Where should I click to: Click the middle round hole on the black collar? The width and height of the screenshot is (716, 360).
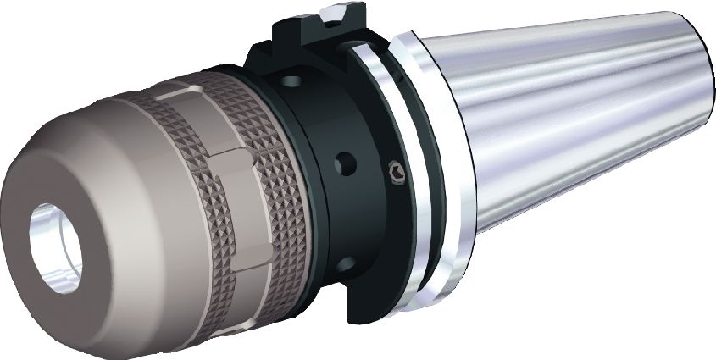click(x=342, y=160)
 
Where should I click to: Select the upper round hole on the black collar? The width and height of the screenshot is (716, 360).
click(x=291, y=82)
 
